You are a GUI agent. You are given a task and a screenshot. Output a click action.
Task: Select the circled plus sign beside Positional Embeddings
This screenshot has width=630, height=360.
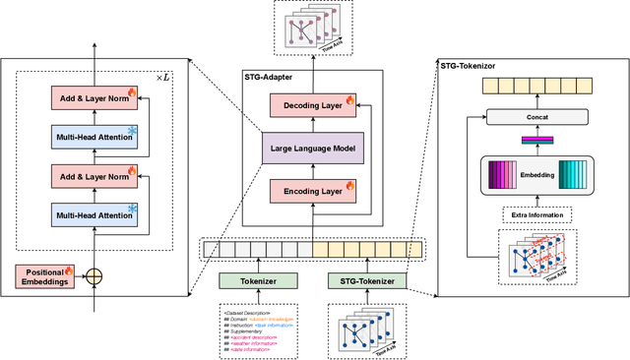[x=94, y=277]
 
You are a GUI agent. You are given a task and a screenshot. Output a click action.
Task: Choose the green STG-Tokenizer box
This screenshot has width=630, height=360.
[x=367, y=280]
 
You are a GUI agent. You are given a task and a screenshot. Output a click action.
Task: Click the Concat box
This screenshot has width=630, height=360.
[x=536, y=117]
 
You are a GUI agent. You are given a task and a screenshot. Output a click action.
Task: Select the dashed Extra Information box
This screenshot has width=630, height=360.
[x=536, y=214]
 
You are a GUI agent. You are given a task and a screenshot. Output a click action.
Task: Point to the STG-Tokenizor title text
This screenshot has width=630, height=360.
[x=472, y=65]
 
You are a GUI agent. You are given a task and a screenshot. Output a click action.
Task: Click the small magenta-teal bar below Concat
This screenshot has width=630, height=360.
[x=536, y=141]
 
